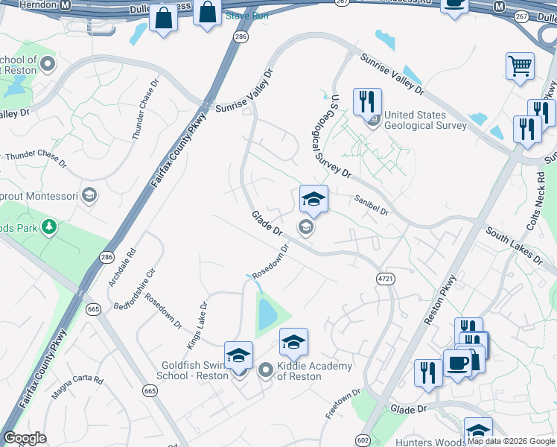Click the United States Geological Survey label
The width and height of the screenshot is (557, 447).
tap(425, 120)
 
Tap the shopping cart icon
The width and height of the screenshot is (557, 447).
tap(520, 66)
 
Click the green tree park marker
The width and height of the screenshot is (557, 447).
tap(49, 226)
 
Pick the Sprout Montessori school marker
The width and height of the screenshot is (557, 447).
tap(89, 195)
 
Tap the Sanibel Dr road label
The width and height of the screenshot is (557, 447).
tap(372, 206)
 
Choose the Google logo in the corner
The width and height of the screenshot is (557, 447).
tap(25, 438)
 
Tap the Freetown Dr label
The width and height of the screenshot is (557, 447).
tap(343, 402)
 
